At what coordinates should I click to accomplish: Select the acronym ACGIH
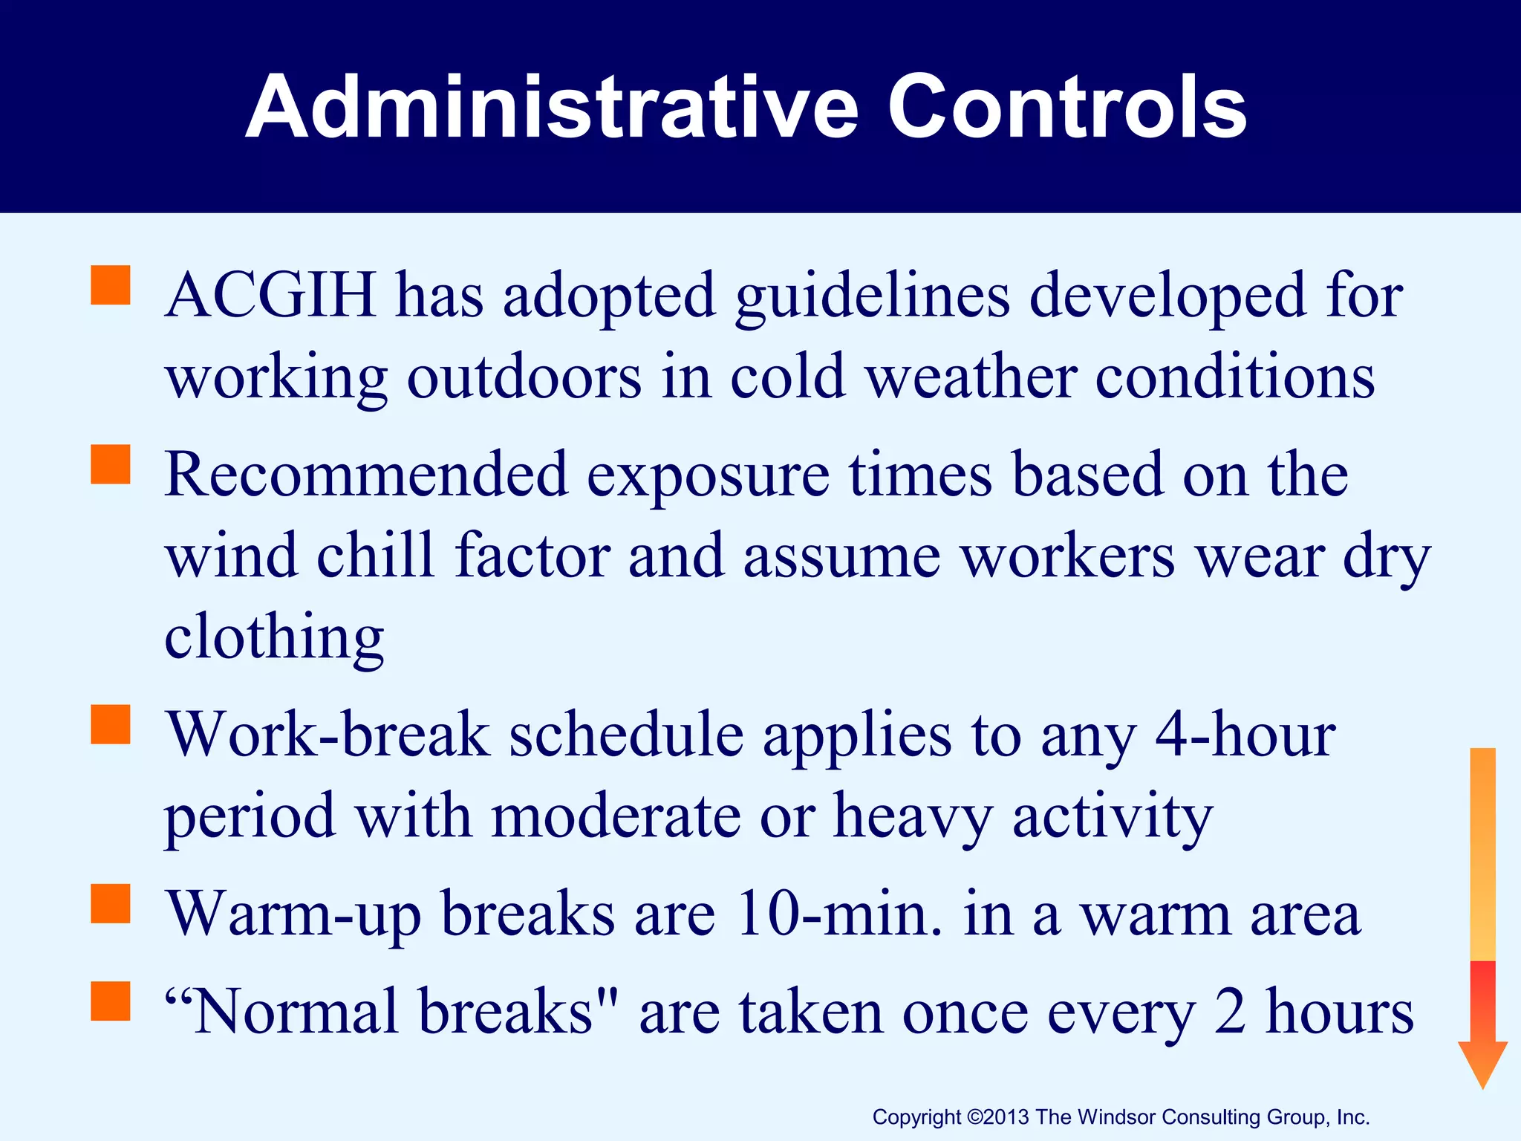[x=271, y=296]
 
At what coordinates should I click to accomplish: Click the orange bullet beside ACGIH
[x=110, y=285]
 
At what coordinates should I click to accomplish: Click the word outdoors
[x=524, y=377]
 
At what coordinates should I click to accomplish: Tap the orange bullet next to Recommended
[x=110, y=464]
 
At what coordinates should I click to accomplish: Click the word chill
[x=375, y=556]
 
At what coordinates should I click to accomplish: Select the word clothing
[x=274, y=637]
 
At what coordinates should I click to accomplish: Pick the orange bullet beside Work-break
[x=110, y=724]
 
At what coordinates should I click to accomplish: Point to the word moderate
[x=616, y=816]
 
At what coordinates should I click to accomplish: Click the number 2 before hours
[x=1230, y=1012]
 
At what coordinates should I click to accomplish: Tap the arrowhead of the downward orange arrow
[x=1482, y=1062]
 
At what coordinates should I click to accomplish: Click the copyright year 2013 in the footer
[x=1007, y=1117]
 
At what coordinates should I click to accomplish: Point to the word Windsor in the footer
[x=1117, y=1117]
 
